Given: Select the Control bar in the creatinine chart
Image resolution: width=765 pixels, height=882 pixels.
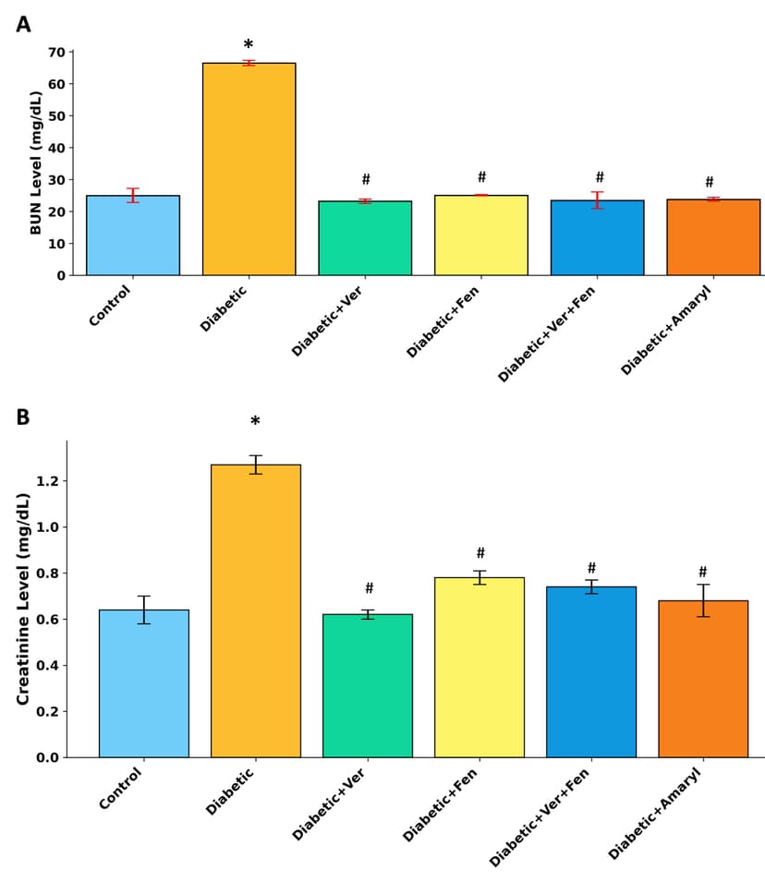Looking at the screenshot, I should click(144, 683).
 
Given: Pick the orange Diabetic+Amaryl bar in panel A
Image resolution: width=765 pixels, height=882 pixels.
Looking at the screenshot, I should click(713, 237).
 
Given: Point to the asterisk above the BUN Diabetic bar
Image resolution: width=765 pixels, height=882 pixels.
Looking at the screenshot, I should click(249, 45).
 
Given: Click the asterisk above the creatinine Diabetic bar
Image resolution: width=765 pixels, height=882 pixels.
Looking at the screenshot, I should click(255, 422).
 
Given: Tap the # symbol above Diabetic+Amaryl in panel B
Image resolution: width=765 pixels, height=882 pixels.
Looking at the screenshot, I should click(703, 573).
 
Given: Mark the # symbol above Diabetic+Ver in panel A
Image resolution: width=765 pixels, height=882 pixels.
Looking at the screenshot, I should click(366, 180).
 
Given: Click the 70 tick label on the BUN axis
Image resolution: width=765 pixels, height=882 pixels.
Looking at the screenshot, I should click(56, 53).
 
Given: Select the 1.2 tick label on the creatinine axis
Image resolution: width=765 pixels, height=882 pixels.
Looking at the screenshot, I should click(49, 481).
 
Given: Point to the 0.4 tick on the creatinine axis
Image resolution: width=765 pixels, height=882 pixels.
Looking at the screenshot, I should click(49, 665).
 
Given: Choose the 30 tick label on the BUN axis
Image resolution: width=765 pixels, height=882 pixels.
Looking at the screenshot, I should click(56, 180).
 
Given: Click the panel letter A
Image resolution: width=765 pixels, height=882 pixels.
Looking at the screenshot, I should click(23, 25).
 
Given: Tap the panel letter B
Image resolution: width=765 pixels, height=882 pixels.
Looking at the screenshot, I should click(23, 417).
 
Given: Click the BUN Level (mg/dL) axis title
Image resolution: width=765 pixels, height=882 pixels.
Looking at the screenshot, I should click(37, 163).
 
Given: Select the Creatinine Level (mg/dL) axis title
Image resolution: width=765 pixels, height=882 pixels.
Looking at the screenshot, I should click(24, 598).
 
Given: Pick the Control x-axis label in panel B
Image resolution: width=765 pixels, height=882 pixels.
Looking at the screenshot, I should click(121, 790).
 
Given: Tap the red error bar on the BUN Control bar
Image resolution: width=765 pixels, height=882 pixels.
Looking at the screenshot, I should click(133, 195).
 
